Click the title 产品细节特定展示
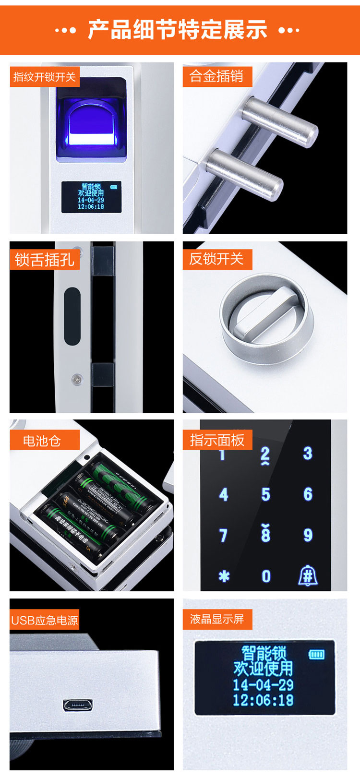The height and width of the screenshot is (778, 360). pyautogui.click(x=178, y=30)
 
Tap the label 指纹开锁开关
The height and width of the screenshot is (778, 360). pyautogui.click(x=44, y=77)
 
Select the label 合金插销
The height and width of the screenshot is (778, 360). pyautogui.click(x=216, y=76)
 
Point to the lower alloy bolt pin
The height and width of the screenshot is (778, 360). pyautogui.click(x=244, y=174)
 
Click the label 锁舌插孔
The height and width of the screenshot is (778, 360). pyautogui.click(x=44, y=260)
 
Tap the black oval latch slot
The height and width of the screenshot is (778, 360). pyautogui.click(x=72, y=316)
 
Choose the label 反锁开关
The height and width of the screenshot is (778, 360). pyautogui.click(x=216, y=259)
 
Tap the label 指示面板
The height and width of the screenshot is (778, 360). pyautogui.click(x=217, y=440)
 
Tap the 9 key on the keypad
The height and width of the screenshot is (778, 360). pyautogui.click(x=308, y=535)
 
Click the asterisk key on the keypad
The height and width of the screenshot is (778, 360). pyautogui.click(x=224, y=576)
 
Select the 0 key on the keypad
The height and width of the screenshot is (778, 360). pyautogui.click(x=266, y=576)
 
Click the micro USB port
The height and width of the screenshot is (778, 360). pyautogui.click(x=77, y=706)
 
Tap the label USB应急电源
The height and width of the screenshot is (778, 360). pyautogui.click(x=44, y=620)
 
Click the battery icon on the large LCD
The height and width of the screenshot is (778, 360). pyautogui.click(x=316, y=654)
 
